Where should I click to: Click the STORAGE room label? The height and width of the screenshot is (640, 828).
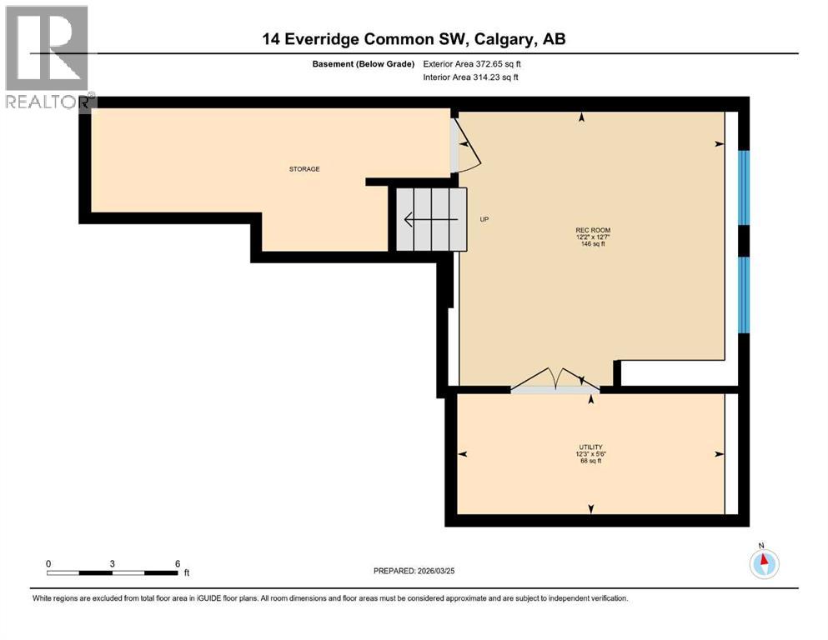[x=304, y=169]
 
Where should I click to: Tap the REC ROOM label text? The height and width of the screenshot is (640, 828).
[x=587, y=231]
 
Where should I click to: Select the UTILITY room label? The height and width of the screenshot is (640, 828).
[x=590, y=447]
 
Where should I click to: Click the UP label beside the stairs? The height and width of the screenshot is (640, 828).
[x=484, y=220]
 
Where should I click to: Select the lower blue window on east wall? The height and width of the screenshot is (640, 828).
[x=744, y=294]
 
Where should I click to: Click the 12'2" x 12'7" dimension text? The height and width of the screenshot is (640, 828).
[x=587, y=237]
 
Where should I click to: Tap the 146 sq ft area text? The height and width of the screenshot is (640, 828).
[x=587, y=245]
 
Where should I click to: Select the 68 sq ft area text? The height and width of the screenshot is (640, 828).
[x=590, y=461]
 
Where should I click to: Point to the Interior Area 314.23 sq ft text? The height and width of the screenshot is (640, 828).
[x=472, y=77]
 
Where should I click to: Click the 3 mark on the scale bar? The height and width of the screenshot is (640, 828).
[x=112, y=563]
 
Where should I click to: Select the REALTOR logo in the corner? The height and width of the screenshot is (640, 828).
[x=48, y=56]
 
